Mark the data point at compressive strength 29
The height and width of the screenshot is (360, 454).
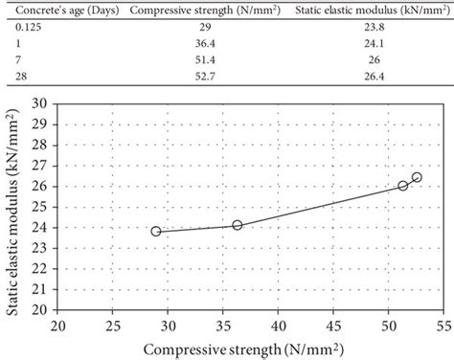(x=156, y=231)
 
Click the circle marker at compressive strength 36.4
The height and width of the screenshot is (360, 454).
(x=238, y=225)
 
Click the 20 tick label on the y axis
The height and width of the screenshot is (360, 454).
(x=44, y=310)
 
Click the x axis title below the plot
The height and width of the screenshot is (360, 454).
(x=250, y=345)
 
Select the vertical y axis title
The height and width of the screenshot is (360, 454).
(x=13, y=206)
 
